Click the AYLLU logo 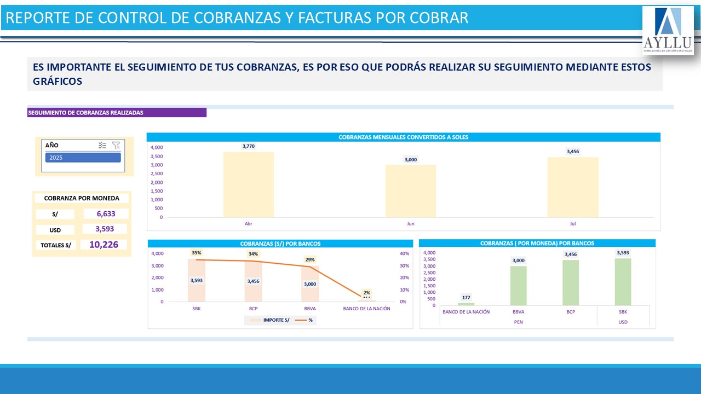[668, 31]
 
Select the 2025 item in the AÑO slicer [83, 158]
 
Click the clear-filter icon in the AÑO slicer [116, 145]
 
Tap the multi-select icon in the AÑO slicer [102, 145]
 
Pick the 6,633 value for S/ [106, 214]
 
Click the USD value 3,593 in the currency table [105, 229]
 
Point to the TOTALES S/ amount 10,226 [104, 245]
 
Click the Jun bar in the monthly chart [410, 191]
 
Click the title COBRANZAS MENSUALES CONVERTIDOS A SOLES [404, 137]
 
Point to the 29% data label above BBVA [310, 259]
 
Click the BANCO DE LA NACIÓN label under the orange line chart [366, 309]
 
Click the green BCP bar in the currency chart [570, 282]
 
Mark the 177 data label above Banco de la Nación [466, 298]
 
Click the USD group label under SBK [623, 322]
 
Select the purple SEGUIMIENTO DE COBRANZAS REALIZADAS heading [117, 113]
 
